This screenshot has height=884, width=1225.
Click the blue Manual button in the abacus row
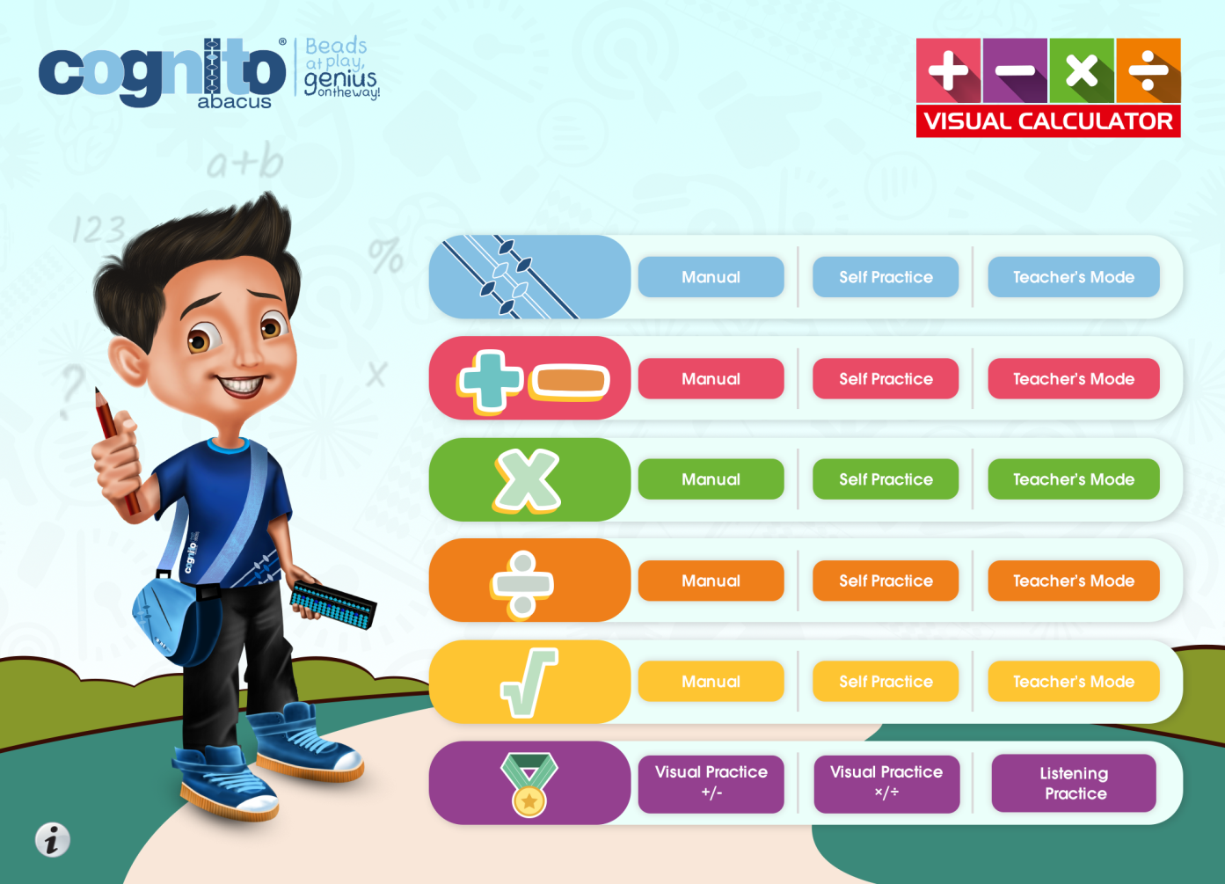tap(711, 277)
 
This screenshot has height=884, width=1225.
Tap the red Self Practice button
tap(886, 378)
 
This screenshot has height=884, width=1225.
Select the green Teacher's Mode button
tap(1074, 479)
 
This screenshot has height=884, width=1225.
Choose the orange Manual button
tap(711, 581)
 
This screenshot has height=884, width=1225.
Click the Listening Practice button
tap(1074, 783)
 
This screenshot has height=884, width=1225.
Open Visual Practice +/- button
tap(711, 783)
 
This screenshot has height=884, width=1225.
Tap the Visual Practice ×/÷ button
tap(886, 783)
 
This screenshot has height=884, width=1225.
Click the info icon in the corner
tap(53, 839)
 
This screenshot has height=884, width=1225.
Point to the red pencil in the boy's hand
tap(116, 449)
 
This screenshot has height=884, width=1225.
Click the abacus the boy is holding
tap(333, 605)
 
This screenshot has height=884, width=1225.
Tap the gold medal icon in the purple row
tap(529, 785)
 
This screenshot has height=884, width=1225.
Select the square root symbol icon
tap(529, 683)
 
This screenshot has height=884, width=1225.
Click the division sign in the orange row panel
tap(522, 584)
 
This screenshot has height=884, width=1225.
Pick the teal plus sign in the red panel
tap(490, 382)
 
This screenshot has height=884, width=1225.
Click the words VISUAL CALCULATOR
tap(1048, 121)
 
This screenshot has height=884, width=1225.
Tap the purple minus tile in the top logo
tap(1015, 70)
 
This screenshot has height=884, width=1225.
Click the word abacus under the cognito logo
tap(234, 102)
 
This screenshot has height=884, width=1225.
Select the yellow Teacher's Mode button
tap(1074, 681)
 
